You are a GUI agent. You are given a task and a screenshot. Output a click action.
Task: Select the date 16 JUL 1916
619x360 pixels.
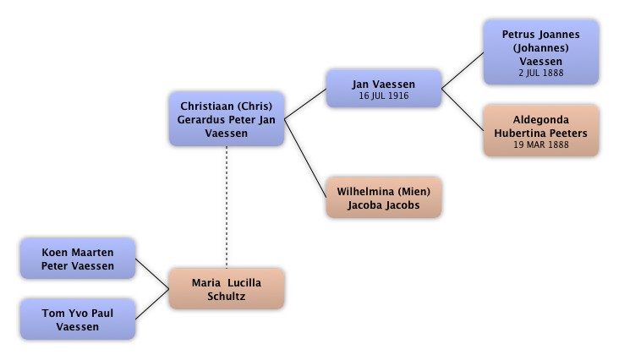tap(383, 96)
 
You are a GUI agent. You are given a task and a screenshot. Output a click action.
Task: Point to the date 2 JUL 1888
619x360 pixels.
tap(540, 74)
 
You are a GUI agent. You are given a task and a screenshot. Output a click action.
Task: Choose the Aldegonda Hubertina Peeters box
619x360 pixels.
tap(540, 131)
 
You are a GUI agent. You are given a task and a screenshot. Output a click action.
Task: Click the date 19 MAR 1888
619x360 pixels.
tap(540, 145)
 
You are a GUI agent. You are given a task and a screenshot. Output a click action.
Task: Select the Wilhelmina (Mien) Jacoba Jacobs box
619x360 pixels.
tap(383, 198)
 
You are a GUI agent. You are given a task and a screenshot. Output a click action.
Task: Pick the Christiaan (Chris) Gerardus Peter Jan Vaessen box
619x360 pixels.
tap(226, 119)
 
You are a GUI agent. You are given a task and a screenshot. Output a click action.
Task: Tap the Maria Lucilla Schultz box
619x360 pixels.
tap(226, 288)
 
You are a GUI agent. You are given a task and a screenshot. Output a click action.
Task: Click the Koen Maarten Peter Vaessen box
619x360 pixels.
tap(77, 259)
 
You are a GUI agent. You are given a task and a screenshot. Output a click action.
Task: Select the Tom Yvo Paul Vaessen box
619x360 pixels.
tap(77, 319)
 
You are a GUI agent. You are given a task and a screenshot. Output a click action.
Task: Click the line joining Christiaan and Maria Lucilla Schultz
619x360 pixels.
tap(226, 207)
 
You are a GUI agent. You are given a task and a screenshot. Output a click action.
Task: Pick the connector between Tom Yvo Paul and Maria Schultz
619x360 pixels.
tap(153, 305)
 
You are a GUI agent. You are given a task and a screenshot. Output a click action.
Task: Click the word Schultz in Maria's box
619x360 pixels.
tap(226, 296)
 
